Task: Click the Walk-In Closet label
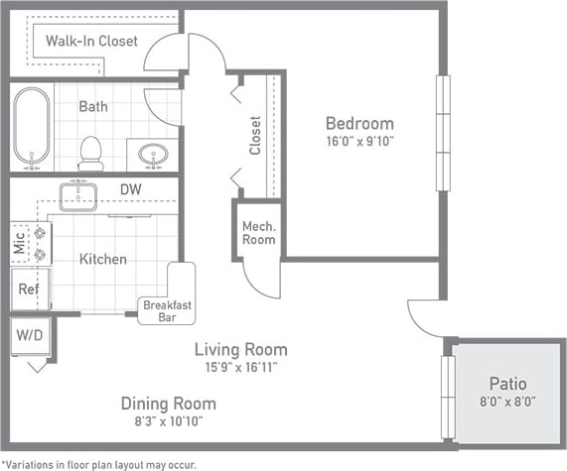pos(91,41)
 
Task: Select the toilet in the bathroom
pos(90,153)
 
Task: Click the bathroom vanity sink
pos(153,154)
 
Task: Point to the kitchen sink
pos(77,195)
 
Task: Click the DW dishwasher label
pos(131,188)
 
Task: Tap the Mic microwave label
pos(20,243)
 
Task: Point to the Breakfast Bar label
pos(167,310)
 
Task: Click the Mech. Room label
pos(258,232)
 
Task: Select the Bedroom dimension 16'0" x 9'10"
pos(359,142)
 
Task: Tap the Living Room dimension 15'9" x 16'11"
pos(240,367)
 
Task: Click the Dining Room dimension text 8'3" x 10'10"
pos(168,421)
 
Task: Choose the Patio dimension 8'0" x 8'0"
pos(507,402)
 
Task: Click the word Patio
pos(507,383)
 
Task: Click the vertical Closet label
pos(255,135)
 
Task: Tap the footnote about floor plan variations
pos(98,463)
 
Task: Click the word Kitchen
pos(103,259)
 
